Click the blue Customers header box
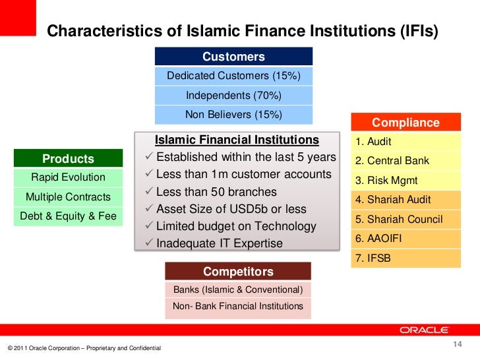point(233,57)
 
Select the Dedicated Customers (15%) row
point(233,76)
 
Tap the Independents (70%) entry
point(233,96)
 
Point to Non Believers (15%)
point(233,115)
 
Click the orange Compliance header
point(405,123)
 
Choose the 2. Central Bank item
point(405,161)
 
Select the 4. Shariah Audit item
point(405,200)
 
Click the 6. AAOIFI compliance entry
point(405,239)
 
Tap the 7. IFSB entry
point(405,258)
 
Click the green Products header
point(68,158)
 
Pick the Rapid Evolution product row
point(68,177)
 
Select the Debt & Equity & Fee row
point(68,216)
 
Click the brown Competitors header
point(237,271)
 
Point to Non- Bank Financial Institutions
point(237,306)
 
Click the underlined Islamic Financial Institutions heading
point(237,140)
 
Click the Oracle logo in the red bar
point(424,330)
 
